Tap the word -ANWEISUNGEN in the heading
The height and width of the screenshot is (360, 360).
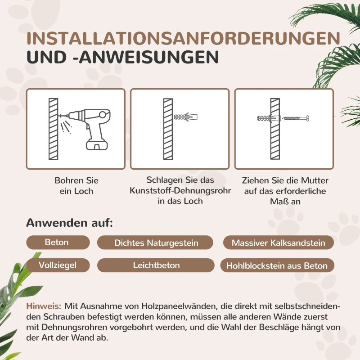pyautogui.click(x=146, y=58)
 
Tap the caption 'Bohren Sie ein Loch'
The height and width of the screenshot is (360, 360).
pyautogui.click(x=76, y=186)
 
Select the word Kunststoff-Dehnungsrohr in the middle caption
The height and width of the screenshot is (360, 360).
pyautogui.click(x=180, y=191)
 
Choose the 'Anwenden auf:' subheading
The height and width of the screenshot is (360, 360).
pyautogui.click(x=69, y=223)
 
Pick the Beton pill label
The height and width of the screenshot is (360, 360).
pyautogui.click(x=57, y=243)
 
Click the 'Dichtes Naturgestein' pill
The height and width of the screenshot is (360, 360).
pyautogui.click(x=156, y=243)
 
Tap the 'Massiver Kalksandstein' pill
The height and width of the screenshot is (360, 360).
pyautogui.click(x=278, y=243)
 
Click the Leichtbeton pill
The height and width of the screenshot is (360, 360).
pyautogui.click(x=156, y=265)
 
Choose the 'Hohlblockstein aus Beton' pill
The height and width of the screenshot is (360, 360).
pyautogui.click(x=277, y=266)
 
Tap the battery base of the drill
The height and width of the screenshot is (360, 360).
pyautogui.click(x=96, y=144)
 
